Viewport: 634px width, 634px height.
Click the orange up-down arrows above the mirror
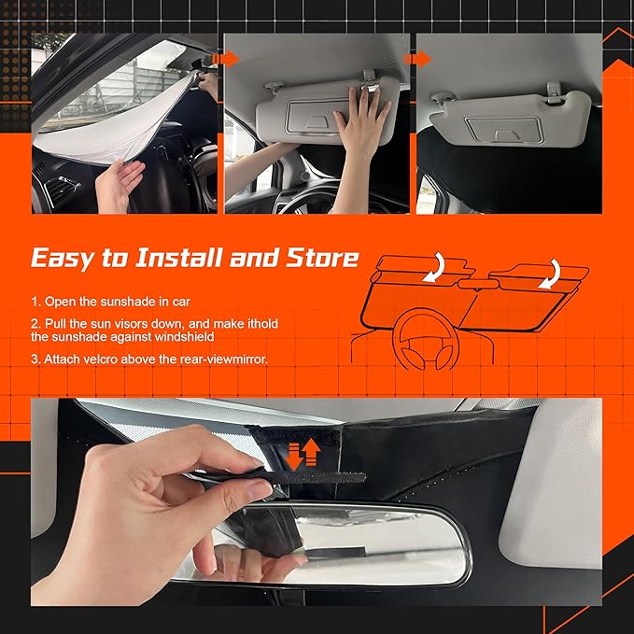click(x=303, y=454)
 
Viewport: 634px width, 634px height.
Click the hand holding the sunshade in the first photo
click(x=119, y=183)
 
